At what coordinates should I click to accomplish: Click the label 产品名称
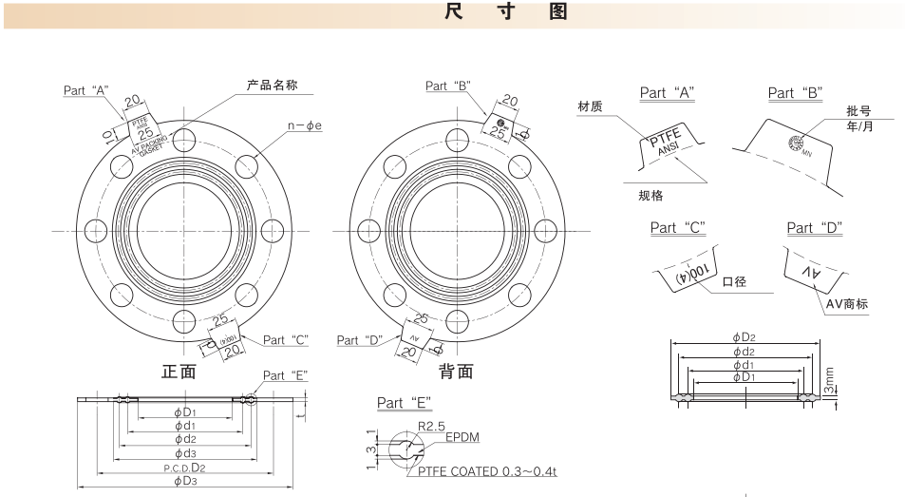[x=272, y=86]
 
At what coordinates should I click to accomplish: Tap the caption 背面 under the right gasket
[x=457, y=371]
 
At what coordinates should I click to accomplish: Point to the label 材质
[x=590, y=107]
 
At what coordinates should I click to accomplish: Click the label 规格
[x=650, y=196]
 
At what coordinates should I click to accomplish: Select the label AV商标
[x=848, y=304]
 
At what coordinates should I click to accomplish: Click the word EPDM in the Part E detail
[x=462, y=439]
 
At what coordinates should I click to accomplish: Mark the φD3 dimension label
[x=184, y=482]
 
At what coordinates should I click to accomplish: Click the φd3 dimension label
[x=184, y=454]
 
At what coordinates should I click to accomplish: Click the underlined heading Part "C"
[x=677, y=227]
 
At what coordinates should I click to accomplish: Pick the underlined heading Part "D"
[x=815, y=227]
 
